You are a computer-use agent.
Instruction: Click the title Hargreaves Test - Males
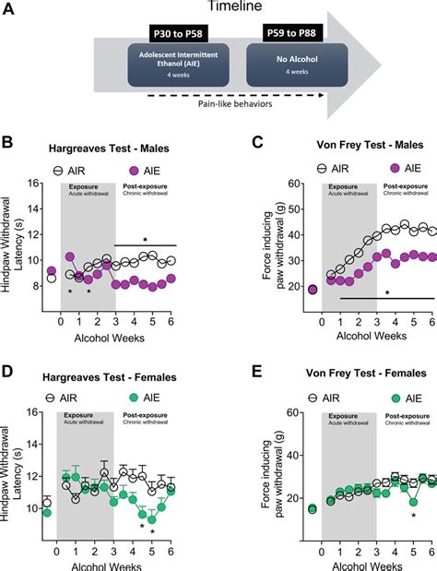pyautogui.click(x=104, y=149)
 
